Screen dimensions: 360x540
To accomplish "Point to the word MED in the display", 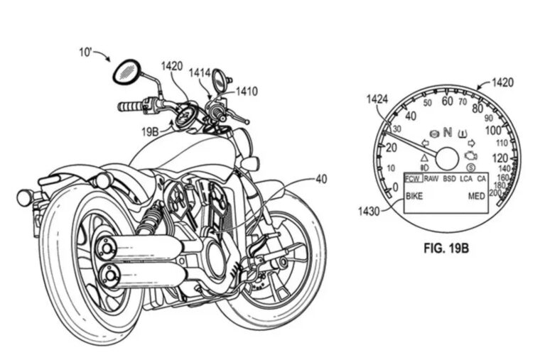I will (x=476, y=196).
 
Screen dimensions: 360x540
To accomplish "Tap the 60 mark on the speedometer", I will (x=447, y=101).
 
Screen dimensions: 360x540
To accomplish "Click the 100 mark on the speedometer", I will (x=492, y=131).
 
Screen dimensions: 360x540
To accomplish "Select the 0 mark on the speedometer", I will (x=395, y=187).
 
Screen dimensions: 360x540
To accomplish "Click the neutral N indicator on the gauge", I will (x=448, y=131).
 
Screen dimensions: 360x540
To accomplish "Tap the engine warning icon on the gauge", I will (x=470, y=153).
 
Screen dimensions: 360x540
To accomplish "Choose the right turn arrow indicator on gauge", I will (x=471, y=142).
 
